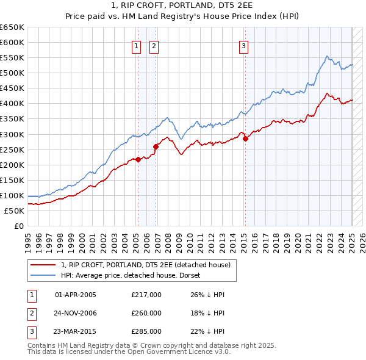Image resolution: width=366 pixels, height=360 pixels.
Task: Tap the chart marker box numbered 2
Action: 154,45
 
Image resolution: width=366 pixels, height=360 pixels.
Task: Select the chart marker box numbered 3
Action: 243,45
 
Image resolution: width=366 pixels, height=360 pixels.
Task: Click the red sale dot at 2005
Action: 138,160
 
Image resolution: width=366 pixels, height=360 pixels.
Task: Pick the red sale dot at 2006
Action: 156,146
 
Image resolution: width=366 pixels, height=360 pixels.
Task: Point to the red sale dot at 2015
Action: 245,139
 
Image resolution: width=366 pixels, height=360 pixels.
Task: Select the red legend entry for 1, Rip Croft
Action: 145,265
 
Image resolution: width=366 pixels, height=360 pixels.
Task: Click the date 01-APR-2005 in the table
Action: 76,295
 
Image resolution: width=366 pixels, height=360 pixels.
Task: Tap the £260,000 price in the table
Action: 146,313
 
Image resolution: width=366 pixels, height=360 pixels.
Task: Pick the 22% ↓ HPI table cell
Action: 207,331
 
